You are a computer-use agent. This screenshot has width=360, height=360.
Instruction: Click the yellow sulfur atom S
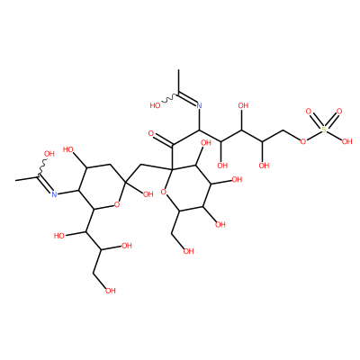pos(324,130)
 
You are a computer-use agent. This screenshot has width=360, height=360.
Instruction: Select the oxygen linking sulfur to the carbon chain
pos(303,141)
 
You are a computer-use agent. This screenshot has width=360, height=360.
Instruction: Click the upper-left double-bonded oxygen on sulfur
pos(308,112)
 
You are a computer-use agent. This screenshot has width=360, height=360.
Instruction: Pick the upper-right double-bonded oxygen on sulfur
pos(339,112)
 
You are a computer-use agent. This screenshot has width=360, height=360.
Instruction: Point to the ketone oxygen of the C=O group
pos(151,133)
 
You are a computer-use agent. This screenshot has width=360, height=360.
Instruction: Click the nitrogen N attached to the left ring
pos(54,194)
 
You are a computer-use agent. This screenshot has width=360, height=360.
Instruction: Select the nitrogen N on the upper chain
pos(199,105)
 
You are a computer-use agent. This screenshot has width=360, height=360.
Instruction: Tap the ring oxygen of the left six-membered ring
pos(117,205)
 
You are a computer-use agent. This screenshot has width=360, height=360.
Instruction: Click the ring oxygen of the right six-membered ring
pos(164,192)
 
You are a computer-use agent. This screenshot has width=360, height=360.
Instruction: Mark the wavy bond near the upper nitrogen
pos(171,98)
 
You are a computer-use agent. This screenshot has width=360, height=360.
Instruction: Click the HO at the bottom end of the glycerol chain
pos(110,291)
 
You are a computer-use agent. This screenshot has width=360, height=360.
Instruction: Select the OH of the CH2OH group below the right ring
pos(188,251)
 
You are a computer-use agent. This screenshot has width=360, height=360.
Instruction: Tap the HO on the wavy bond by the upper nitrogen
pos(155,105)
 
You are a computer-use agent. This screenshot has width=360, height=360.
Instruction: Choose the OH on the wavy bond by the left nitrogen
pos(49,154)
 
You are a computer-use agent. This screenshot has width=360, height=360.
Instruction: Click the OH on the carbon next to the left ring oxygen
pos(148,194)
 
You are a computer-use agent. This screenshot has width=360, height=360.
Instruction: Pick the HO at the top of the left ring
pos(69,149)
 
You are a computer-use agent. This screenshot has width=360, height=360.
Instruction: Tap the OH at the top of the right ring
pos(205,142)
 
